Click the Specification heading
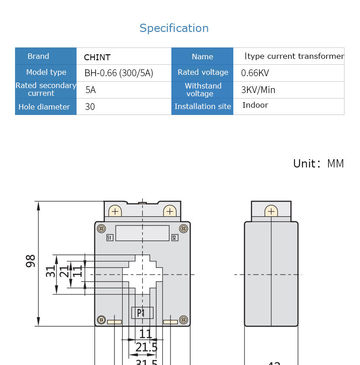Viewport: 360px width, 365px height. [174, 28]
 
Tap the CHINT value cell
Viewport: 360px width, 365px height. [97, 57]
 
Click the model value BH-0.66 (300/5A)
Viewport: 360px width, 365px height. [118, 73]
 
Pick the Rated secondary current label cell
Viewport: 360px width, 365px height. [46, 89]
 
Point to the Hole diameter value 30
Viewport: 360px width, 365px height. [90, 107]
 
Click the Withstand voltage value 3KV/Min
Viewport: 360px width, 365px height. [258, 90]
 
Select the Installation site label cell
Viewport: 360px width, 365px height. [202, 107]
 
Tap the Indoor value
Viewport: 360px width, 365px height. [255, 105]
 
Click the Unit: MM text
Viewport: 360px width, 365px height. [319, 164]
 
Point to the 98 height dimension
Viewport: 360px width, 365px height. [31, 261]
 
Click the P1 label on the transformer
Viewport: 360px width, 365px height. [142, 313]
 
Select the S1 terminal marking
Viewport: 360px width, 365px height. [109, 238]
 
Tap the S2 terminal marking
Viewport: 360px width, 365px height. [175, 238]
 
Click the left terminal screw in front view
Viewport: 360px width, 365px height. [115, 211]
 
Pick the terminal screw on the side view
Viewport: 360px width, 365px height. [271, 211]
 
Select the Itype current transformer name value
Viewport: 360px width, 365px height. [294, 57]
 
